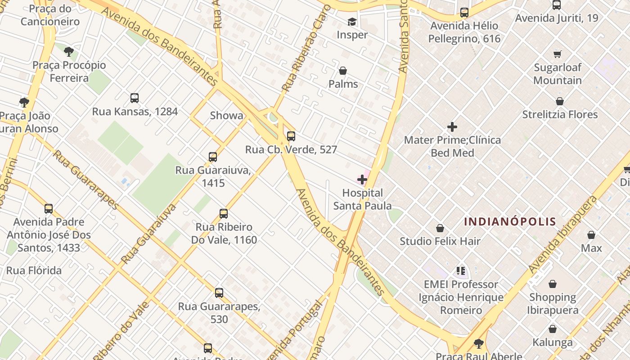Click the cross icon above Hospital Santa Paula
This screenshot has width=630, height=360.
362,180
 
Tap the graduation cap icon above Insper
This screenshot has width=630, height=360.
352,22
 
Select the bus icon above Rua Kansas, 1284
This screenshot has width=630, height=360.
134,98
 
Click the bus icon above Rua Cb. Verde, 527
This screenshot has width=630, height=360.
291,136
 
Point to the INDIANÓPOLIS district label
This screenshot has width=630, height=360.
510,221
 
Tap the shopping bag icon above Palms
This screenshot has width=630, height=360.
343,71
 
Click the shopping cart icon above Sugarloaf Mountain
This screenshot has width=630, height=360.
558,54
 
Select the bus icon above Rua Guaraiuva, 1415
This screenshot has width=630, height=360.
213,157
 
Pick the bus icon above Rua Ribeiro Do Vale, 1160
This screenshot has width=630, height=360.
224,214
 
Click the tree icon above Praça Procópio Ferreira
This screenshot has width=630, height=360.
68,52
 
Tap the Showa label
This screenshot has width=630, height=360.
226,116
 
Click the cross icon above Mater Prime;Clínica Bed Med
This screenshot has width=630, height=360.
452,127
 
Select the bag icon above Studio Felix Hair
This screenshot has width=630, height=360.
440,229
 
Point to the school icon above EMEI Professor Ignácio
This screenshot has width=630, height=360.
461,271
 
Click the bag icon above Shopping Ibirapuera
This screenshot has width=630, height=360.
553,284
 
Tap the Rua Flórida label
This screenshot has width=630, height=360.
34,270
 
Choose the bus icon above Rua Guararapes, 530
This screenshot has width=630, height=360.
219,293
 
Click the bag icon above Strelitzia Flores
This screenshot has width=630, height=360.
560,101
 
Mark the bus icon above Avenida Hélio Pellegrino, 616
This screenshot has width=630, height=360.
464,13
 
